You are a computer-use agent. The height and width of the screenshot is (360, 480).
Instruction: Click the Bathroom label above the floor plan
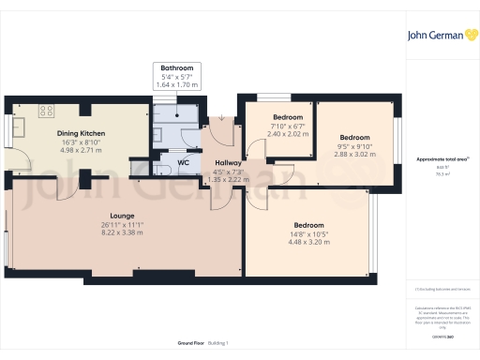(x=175, y=68)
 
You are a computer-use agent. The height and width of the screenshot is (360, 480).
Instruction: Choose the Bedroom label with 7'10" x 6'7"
(x=275, y=117)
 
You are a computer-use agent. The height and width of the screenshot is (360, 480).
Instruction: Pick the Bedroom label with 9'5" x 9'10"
(x=354, y=136)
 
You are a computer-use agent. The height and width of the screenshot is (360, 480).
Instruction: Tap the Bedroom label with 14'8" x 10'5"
(x=308, y=226)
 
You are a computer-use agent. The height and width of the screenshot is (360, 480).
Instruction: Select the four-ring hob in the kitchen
(x=45, y=110)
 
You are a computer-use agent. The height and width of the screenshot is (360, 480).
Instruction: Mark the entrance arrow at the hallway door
(x=219, y=119)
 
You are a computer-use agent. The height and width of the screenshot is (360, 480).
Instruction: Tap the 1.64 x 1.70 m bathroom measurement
(x=175, y=85)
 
